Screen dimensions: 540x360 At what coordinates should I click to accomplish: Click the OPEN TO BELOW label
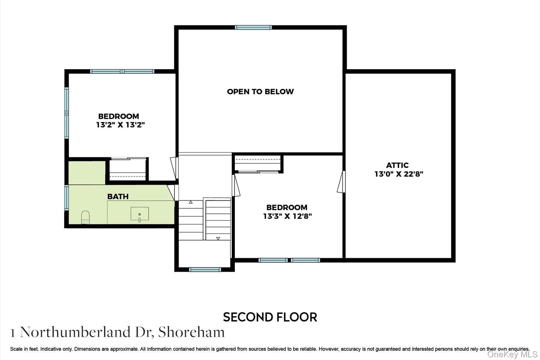(260, 91)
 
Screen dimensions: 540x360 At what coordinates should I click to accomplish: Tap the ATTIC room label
(397, 165)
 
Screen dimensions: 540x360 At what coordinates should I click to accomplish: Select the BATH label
(118, 196)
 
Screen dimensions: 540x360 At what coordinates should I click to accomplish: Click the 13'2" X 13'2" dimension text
(120, 125)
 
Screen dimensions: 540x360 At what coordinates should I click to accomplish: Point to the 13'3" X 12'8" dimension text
(287, 216)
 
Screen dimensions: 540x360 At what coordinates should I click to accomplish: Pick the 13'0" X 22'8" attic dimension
(399, 174)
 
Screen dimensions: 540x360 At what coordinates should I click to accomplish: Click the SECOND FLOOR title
(270, 317)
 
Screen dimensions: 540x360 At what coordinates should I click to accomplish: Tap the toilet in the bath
(85, 217)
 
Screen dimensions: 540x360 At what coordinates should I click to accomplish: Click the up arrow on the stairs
(190, 202)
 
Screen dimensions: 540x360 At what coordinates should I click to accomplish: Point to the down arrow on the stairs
(218, 238)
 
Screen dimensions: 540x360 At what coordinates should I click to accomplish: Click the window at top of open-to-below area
(253, 27)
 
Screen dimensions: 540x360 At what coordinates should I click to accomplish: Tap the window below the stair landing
(205, 270)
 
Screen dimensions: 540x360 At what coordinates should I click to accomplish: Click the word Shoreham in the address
(191, 332)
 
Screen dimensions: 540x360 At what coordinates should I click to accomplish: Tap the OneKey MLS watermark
(512, 355)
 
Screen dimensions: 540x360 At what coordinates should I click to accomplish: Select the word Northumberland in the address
(75, 332)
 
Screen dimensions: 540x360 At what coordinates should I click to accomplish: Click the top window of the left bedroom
(122, 71)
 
